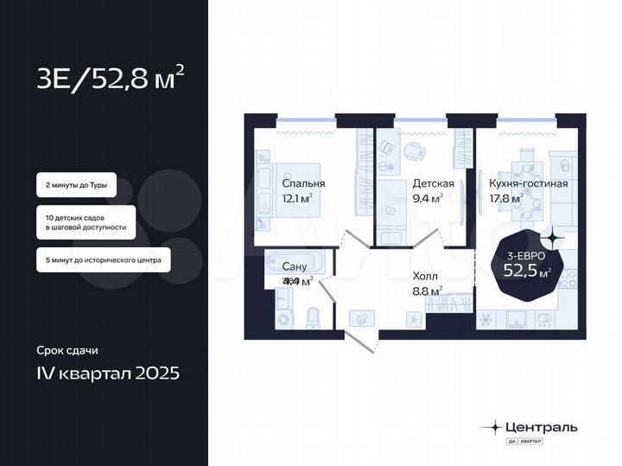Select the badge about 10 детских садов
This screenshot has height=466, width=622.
[x=86, y=222]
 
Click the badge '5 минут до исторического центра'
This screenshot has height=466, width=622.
[x=103, y=259]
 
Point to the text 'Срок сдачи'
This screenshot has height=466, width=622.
[x=67, y=350]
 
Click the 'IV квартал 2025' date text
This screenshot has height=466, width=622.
[x=108, y=373]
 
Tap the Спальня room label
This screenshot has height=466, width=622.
[x=303, y=183]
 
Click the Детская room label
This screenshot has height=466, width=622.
[x=428, y=183]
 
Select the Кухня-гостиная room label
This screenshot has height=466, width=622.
[x=528, y=183]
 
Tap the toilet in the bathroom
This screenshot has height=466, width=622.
[x=314, y=316]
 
